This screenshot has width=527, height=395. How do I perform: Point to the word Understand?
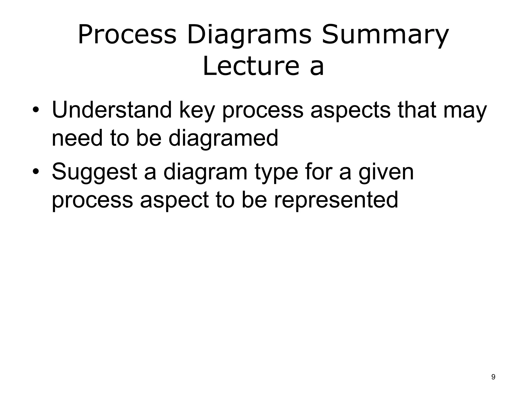(x=112, y=110)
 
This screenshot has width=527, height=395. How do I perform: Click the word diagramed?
(x=223, y=138)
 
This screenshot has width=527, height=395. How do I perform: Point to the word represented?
(x=336, y=200)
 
